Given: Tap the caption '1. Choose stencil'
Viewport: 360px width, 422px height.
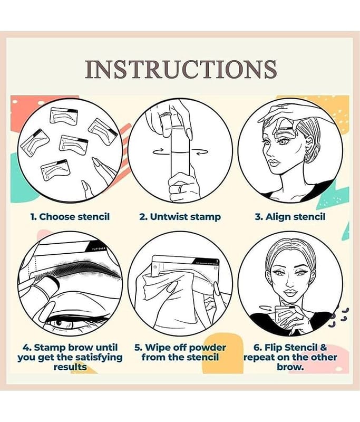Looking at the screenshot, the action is (x=70, y=217).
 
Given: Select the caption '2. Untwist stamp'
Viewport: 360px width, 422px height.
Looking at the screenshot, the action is (x=180, y=217).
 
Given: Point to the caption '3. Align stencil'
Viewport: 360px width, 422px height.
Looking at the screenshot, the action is (x=290, y=217).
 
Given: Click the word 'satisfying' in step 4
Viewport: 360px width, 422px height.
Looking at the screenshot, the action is (x=99, y=358).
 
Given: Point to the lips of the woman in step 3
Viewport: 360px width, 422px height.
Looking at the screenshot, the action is (x=275, y=162).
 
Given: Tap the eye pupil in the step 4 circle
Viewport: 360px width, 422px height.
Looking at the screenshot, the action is (x=60, y=322).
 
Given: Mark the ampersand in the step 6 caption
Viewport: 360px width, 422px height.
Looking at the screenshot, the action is (x=323, y=348).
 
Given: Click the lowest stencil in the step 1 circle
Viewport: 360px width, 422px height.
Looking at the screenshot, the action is (x=55, y=170).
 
